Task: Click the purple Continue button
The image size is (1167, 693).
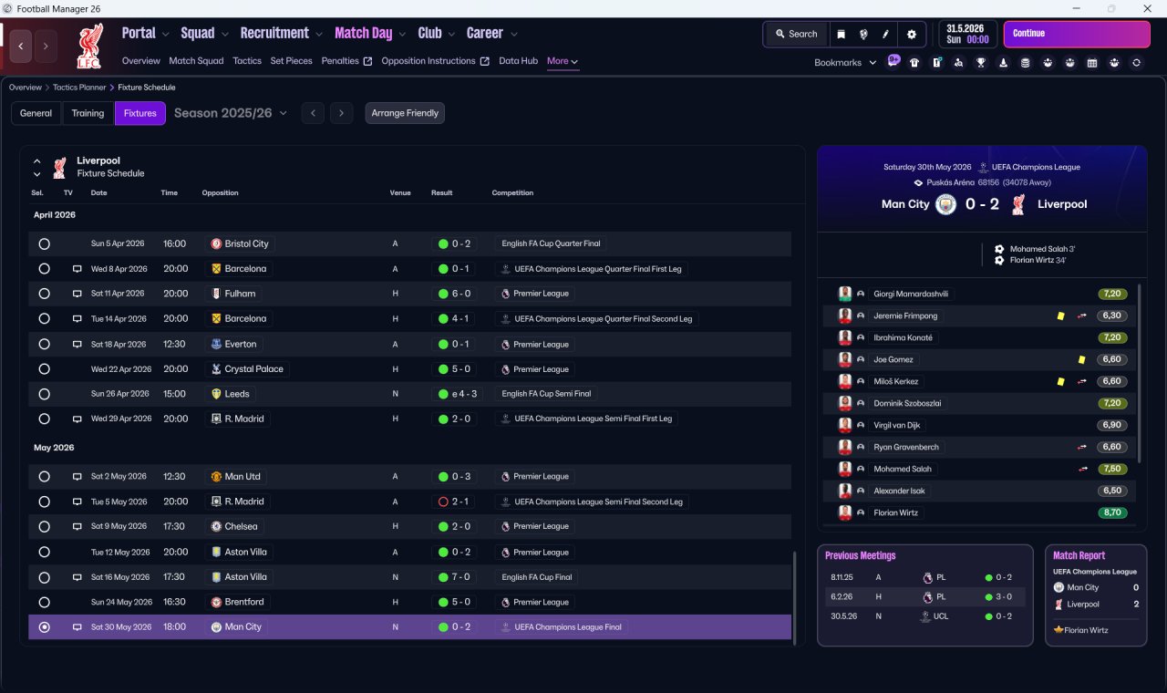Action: click(1077, 34)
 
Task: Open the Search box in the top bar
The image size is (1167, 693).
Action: click(797, 34)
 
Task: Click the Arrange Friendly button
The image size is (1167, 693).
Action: click(405, 113)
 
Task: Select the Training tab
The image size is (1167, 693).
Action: click(88, 113)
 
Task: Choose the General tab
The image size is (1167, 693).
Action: click(36, 113)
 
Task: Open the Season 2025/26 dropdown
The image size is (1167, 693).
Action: click(231, 113)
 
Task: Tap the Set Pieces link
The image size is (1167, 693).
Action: click(291, 61)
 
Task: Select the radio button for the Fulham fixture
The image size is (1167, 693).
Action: click(45, 294)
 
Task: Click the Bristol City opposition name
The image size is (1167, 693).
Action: click(246, 243)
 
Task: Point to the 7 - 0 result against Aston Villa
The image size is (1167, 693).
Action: click(460, 577)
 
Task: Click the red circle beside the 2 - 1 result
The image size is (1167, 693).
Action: click(443, 502)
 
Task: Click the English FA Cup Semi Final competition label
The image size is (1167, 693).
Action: click(546, 394)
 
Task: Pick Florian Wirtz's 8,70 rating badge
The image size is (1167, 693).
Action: click(1112, 512)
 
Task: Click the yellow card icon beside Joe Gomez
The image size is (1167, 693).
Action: click(1081, 359)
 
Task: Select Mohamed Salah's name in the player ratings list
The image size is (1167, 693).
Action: click(903, 469)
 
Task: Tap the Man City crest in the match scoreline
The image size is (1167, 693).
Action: click(945, 204)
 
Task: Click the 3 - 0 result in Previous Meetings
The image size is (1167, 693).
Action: click(1004, 596)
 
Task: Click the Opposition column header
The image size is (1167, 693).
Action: click(220, 192)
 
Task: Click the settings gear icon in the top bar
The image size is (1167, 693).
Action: click(911, 35)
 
